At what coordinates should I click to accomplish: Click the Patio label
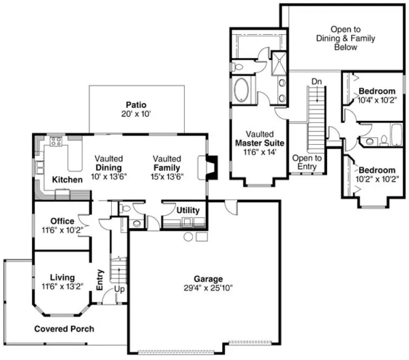coord(136,105)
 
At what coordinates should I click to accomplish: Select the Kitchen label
coord(67,179)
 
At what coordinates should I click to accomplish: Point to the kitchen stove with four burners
coord(56,142)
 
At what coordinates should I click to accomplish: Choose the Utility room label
coord(188,210)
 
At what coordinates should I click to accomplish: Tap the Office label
coord(62,221)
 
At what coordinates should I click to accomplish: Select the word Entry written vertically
coord(100,279)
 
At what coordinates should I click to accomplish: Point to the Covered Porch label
coord(64,329)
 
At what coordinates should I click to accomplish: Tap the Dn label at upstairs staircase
coord(317,81)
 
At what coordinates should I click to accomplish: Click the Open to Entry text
coord(307,162)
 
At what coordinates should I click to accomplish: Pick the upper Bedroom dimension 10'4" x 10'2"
coord(376,100)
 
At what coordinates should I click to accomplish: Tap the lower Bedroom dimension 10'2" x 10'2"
coord(376,178)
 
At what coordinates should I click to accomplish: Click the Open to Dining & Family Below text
coord(345,38)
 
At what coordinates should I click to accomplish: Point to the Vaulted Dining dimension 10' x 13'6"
coord(108,176)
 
